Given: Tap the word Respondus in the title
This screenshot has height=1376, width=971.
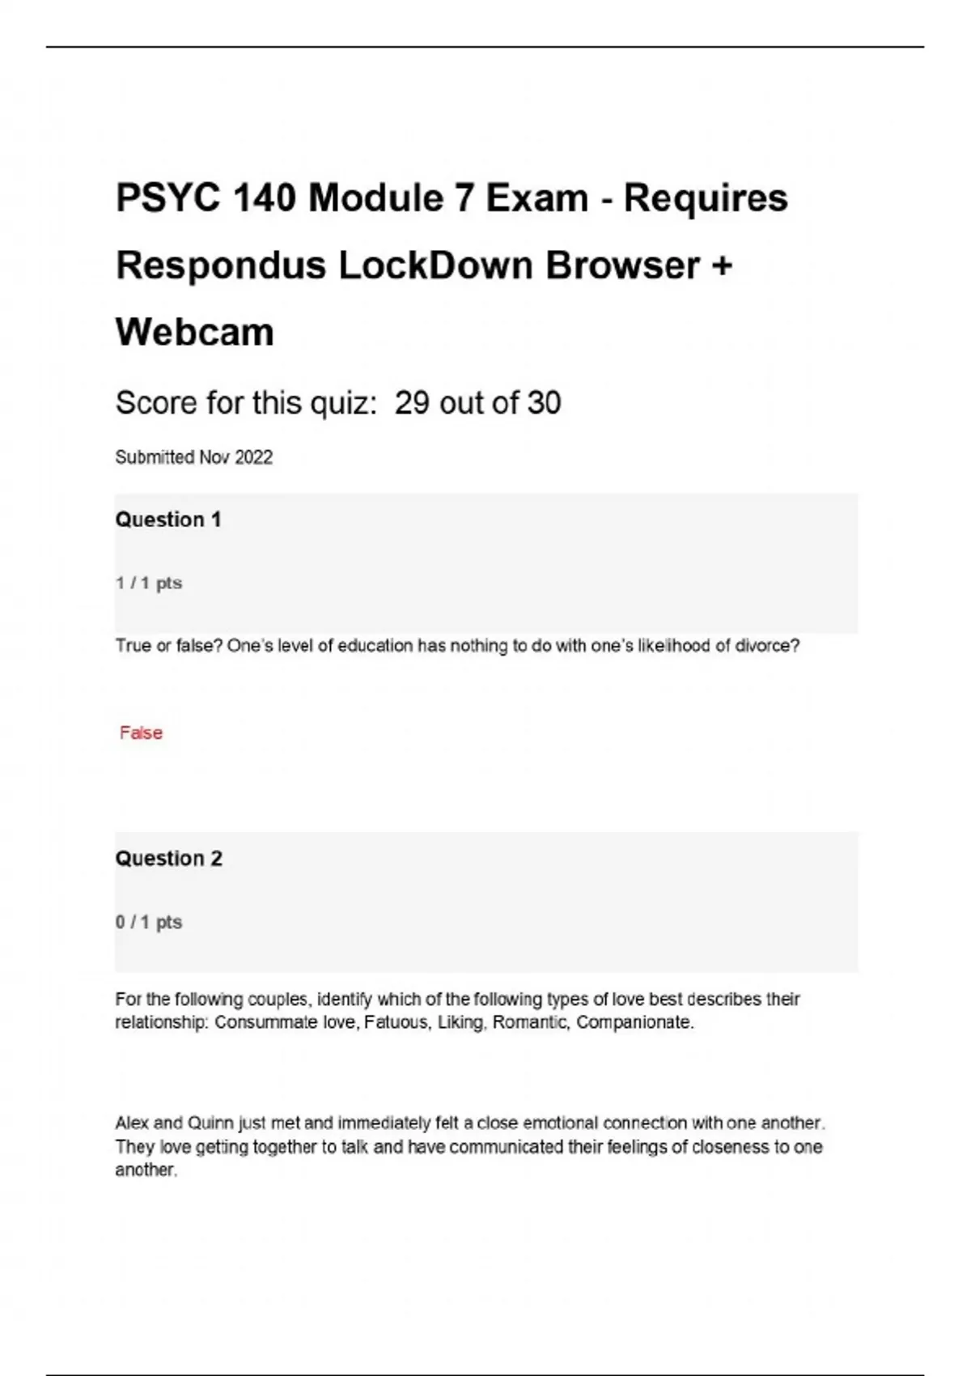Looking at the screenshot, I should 220,265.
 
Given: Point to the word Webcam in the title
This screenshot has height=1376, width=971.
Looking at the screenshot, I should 195,332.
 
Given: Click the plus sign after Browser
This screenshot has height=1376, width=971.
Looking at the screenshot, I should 723,265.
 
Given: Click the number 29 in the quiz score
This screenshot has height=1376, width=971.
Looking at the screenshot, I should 412,403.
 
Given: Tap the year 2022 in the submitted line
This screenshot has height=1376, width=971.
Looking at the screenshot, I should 253,457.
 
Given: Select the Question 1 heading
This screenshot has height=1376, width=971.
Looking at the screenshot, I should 168,520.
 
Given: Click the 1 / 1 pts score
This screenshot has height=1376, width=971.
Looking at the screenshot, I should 149,583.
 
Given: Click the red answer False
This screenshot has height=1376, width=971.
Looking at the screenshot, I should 141,733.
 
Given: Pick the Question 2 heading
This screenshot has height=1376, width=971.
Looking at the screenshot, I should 168,858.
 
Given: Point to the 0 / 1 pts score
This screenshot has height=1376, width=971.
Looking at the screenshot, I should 149,922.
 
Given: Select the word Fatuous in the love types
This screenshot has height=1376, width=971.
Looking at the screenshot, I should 396,1022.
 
